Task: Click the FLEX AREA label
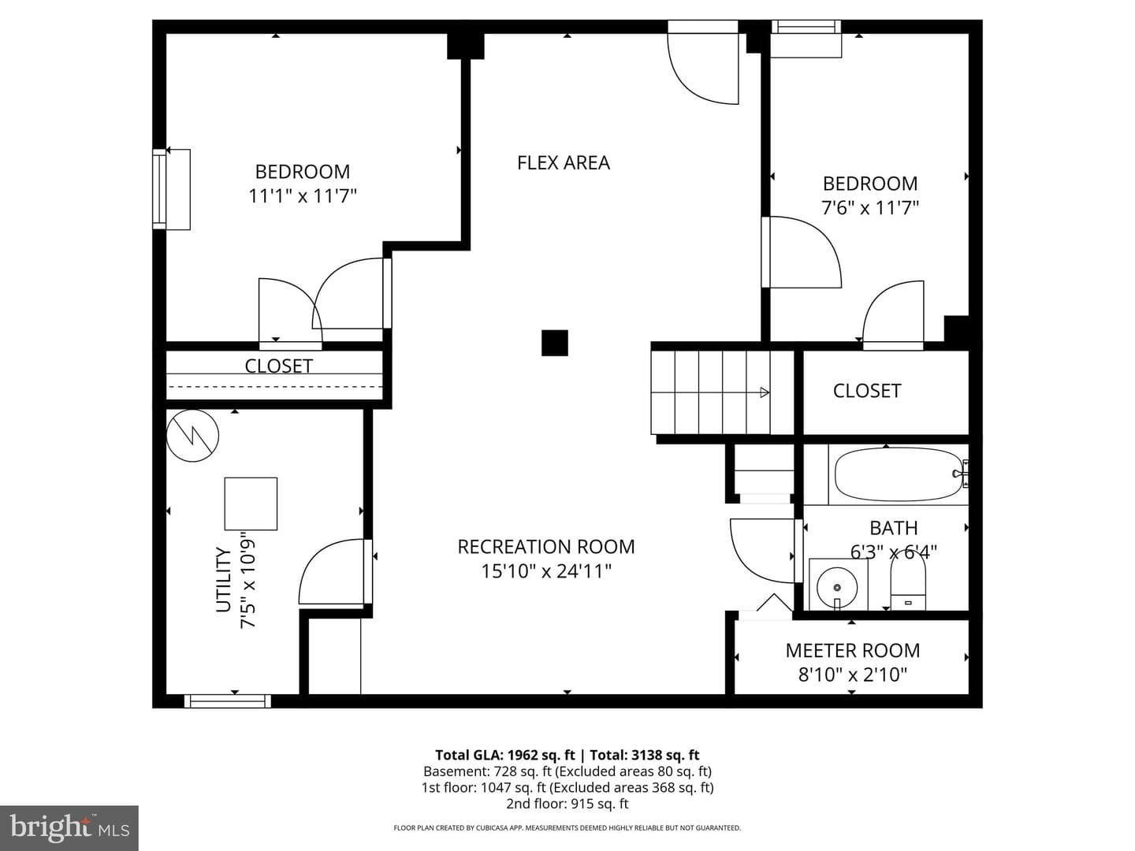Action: [563, 163]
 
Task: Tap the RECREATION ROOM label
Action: [546, 547]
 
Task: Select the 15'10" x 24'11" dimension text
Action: [546, 571]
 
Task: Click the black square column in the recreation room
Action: [554, 343]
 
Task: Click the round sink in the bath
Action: [837, 588]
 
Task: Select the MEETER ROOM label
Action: [853, 651]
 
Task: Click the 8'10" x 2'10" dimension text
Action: [853, 674]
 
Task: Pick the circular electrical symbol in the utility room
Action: [192, 436]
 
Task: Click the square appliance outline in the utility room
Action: [251, 504]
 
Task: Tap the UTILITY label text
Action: [223, 580]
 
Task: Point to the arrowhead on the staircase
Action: [765, 392]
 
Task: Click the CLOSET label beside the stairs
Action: [867, 391]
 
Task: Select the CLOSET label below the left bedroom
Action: [279, 366]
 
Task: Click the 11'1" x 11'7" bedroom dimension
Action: [303, 196]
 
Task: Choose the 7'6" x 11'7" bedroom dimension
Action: [870, 208]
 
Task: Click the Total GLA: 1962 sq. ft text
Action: [504, 756]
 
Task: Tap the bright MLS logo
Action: [69, 827]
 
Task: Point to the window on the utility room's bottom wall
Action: [228, 701]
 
